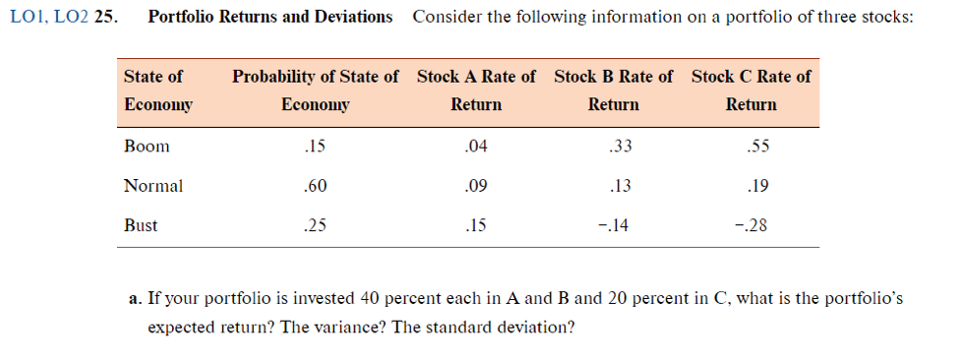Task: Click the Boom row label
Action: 147,147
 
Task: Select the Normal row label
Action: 152,185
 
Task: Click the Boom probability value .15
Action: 315,147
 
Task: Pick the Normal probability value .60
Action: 315,185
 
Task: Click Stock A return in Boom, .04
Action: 475,147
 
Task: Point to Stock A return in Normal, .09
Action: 475,185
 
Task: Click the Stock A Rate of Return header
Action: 476,90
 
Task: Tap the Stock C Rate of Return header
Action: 750,90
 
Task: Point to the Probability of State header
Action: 315,90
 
